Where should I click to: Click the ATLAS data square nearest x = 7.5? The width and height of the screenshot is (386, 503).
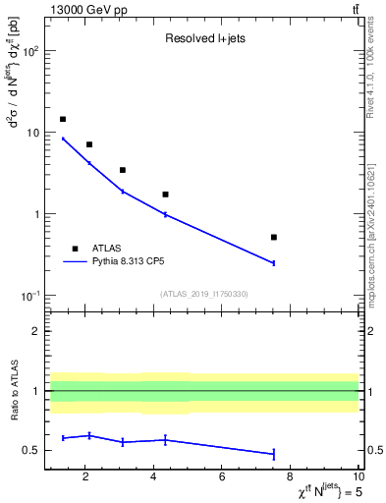[x=274, y=237]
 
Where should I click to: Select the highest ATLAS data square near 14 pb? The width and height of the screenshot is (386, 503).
[x=63, y=119]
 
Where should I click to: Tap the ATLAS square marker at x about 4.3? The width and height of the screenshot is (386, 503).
[x=165, y=195]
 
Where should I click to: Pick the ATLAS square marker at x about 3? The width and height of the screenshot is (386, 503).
[x=122, y=170]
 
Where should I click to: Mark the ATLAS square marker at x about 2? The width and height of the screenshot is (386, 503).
[x=89, y=144]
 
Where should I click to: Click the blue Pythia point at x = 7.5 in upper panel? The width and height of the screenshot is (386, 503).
[x=274, y=263]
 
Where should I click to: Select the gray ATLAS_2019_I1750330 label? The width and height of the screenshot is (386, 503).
[x=204, y=294]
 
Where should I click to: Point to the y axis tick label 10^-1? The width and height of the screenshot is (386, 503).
[x=29, y=296]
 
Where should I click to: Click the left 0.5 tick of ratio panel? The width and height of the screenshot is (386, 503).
[x=32, y=451]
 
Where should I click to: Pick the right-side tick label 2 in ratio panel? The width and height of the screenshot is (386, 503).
[x=368, y=331]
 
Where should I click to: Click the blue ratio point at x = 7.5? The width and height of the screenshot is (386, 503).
[x=274, y=454]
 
